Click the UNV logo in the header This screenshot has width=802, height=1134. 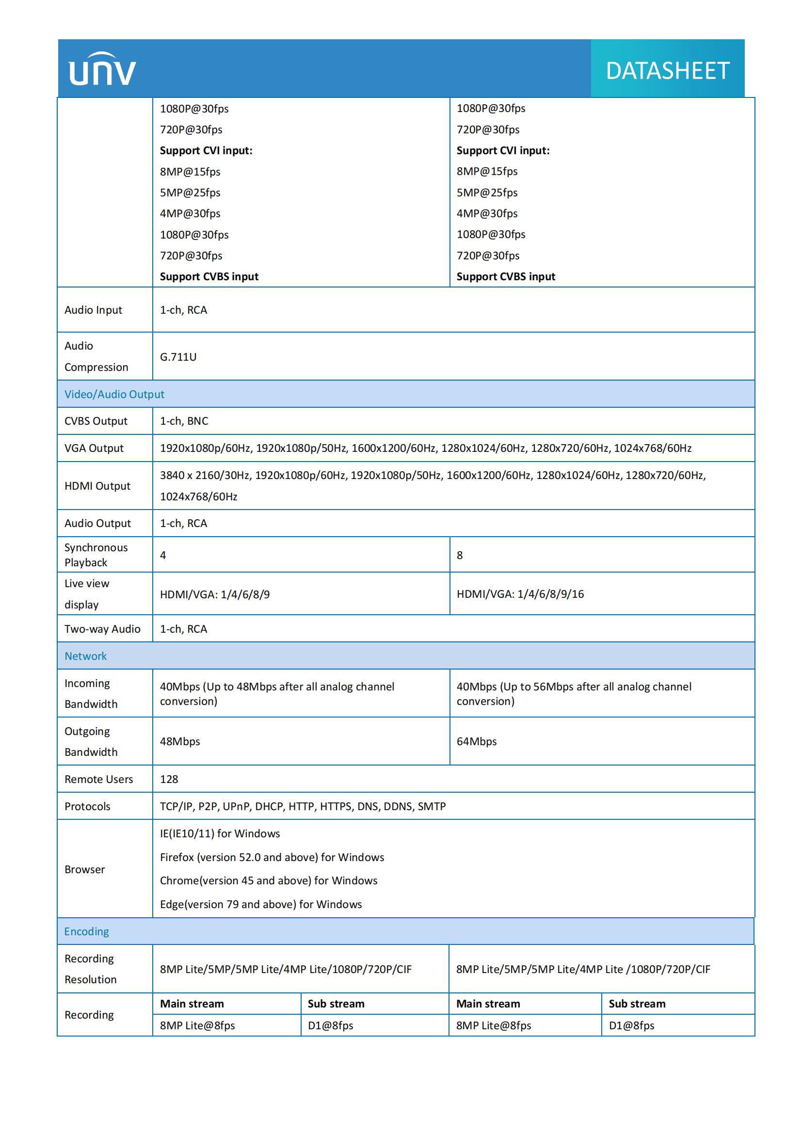tap(102, 69)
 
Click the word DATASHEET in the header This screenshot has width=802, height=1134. tap(667, 71)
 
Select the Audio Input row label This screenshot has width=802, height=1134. tap(93, 310)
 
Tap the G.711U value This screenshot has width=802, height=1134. tap(178, 357)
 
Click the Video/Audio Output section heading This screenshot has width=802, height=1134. tap(114, 395)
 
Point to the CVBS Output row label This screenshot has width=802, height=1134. tap(96, 421)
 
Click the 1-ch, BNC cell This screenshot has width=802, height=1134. tap(184, 421)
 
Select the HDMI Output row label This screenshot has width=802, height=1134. tap(97, 486)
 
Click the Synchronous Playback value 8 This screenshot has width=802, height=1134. tap(460, 556)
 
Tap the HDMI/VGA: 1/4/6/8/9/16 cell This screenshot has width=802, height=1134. tap(520, 594)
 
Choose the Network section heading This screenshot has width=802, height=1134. tap(85, 656)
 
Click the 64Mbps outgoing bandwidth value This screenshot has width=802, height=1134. tap(477, 742)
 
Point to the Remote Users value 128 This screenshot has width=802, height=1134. tap(169, 780)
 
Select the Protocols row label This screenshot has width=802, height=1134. tap(87, 807)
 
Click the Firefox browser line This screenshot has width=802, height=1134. tap(272, 858)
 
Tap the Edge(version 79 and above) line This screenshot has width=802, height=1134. tap(261, 904)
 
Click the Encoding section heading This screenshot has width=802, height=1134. tap(86, 931)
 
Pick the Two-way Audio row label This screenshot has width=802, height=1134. tap(102, 629)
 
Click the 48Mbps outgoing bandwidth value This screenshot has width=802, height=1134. tap(180, 742)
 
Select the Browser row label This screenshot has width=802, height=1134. tap(84, 869)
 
